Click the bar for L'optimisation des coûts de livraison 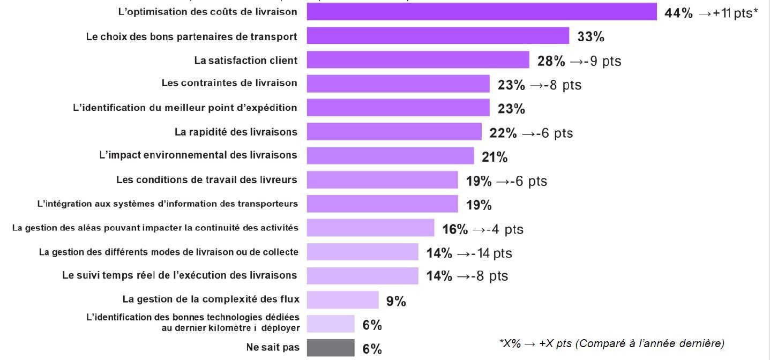(481, 12)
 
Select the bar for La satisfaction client (417, 60)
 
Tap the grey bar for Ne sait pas (330, 348)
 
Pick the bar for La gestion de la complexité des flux (342, 300)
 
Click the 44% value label (678, 13)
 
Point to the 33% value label (590, 37)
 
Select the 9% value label (396, 302)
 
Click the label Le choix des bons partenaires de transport (191, 36)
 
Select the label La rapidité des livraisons (236, 131)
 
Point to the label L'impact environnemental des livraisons (198, 155)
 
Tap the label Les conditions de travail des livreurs (206, 179)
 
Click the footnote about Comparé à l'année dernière (611, 343)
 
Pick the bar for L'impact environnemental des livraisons (390, 156)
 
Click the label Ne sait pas (273, 347)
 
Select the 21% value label (494, 157)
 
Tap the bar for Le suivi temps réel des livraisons (362, 276)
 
